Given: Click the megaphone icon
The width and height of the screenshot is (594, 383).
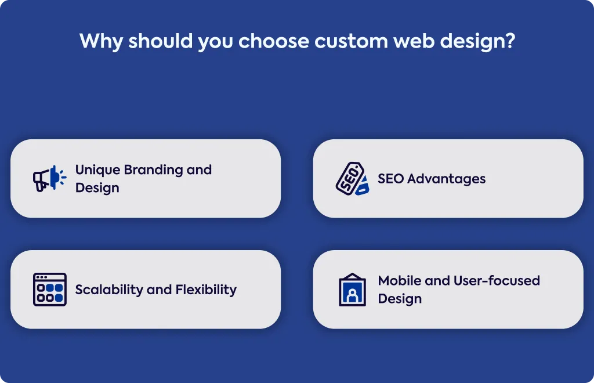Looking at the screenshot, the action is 50,178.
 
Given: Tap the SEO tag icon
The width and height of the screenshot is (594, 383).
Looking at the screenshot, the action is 352,178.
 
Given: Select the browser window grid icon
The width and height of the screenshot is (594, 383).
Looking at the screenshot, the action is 50,290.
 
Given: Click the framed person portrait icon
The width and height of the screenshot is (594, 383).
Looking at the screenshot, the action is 352,290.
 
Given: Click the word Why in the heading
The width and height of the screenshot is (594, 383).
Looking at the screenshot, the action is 101,41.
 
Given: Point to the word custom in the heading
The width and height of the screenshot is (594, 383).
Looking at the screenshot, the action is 351,41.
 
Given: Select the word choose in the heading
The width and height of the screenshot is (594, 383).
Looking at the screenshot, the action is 274,41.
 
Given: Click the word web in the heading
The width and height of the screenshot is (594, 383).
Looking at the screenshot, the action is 414,41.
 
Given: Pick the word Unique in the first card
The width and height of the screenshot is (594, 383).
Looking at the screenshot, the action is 97,170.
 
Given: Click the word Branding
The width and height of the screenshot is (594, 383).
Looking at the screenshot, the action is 153,170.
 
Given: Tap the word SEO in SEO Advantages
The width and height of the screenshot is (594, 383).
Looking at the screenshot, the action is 390,178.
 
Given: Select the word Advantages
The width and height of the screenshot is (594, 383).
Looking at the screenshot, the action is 446,179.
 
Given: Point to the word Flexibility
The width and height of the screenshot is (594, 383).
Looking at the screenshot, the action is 206,290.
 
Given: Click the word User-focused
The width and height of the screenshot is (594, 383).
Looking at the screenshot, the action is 497,281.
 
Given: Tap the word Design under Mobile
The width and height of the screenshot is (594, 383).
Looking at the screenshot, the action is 400,299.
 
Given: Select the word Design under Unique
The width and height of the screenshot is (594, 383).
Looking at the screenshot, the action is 97,188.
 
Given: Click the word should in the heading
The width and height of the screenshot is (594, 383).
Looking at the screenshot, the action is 161,41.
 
